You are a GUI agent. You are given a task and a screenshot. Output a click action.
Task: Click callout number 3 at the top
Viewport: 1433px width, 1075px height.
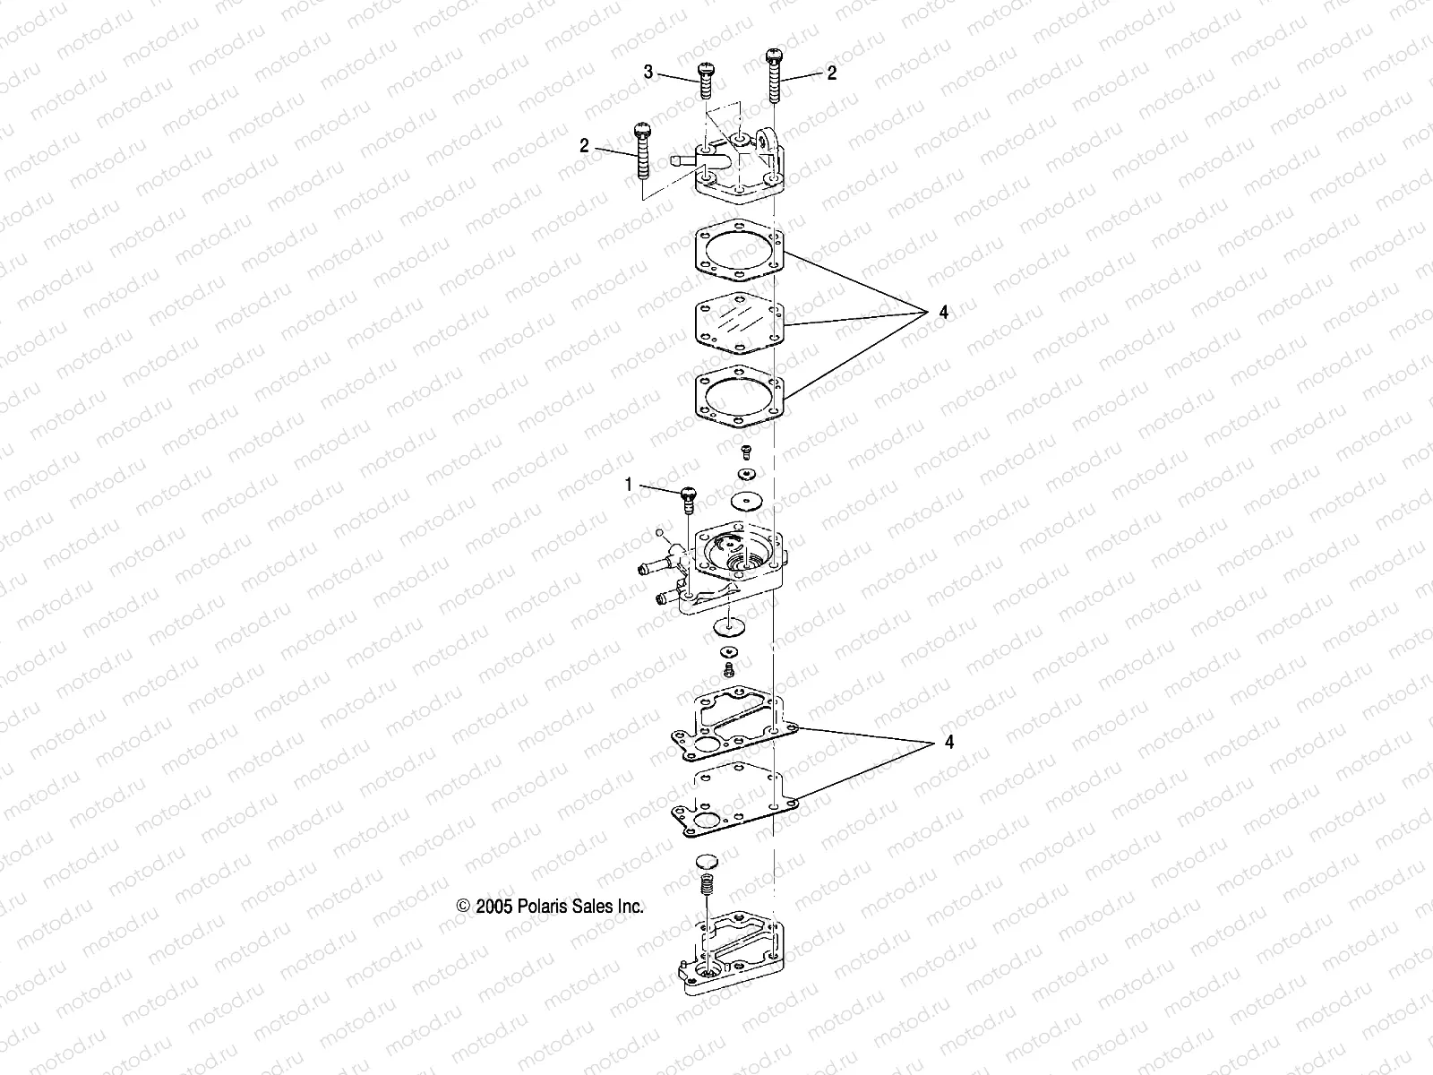(x=648, y=73)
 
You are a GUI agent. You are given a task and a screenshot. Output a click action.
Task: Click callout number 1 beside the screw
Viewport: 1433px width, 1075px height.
(x=629, y=485)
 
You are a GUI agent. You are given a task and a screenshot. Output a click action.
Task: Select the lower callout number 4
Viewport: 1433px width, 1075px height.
(x=949, y=743)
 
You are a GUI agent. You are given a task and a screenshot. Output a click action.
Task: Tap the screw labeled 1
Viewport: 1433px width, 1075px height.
(x=689, y=498)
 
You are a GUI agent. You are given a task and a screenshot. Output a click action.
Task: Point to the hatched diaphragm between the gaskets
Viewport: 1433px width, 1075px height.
(x=740, y=328)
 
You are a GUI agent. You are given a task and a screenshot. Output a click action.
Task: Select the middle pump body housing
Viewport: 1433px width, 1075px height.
(x=730, y=569)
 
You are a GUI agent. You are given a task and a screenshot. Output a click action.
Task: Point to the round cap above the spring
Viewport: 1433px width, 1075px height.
(x=707, y=862)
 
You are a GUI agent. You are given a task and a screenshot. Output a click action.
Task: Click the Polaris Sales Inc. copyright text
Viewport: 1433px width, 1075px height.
(x=550, y=907)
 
